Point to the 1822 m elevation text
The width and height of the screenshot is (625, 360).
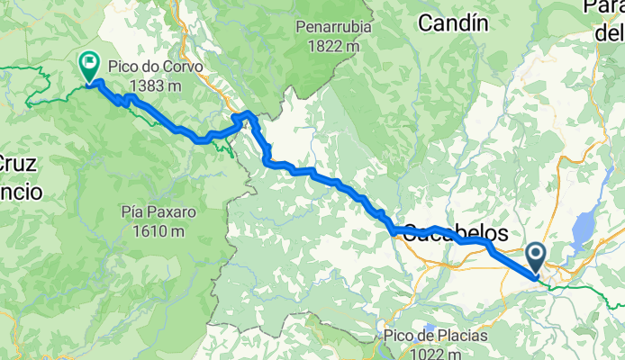333,45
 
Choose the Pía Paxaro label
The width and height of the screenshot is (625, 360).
157,213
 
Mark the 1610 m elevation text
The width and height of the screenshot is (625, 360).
157,231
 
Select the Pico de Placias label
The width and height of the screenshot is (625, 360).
435,336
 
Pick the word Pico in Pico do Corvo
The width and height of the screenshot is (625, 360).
123,67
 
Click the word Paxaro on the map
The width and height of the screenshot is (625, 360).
172,213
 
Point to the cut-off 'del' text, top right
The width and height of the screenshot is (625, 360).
610,33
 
